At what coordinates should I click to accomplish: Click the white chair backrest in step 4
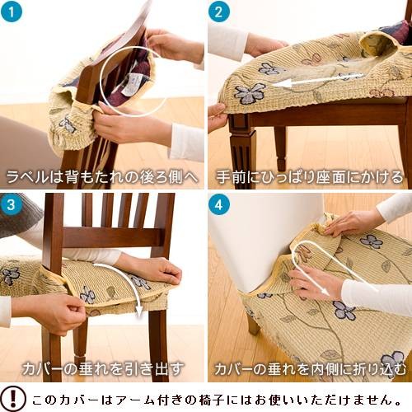tap(264, 231)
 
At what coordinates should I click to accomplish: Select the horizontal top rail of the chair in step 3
tap(115, 237)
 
